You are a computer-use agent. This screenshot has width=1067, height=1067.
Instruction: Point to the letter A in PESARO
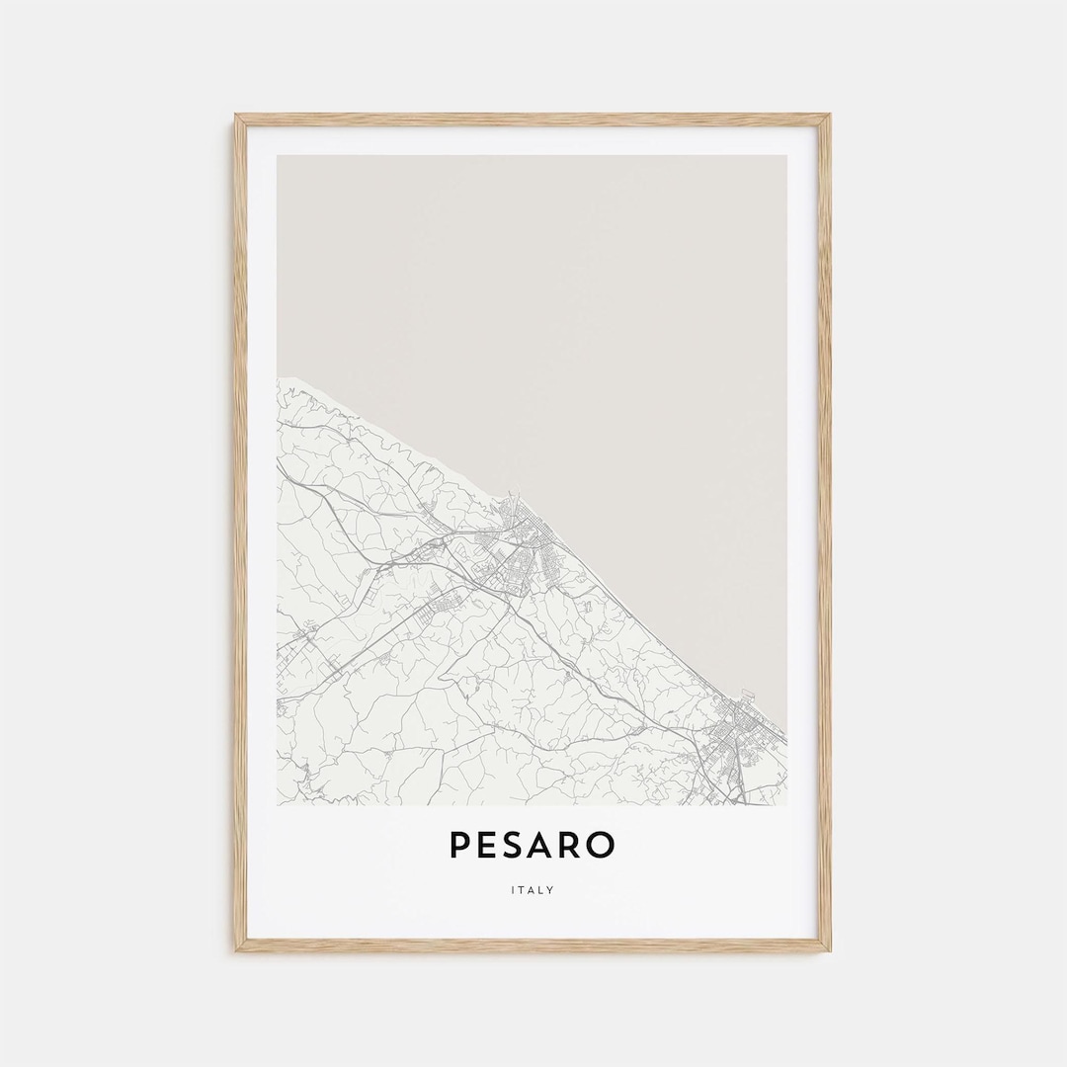click(x=544, y=845)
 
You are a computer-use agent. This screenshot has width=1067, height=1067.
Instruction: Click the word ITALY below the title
click(x=533, y=890)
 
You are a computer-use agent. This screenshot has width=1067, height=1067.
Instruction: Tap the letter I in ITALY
click(x=513, y=890)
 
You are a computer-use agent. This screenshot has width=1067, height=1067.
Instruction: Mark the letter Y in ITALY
click(x=551, y=890)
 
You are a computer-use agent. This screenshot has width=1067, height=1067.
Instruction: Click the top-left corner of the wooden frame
click(x=236, y=116)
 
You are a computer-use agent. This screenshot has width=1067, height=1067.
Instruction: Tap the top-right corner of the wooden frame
click(x=829, y=116)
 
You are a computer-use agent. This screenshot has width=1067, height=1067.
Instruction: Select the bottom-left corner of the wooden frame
click(x=236, y=950)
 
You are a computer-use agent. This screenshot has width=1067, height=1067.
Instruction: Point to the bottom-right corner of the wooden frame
click(x=829, y=950)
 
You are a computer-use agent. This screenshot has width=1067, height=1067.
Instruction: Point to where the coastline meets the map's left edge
click(x=279, y=376)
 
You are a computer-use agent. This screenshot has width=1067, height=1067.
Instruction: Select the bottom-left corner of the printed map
click(x=279, y=803)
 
